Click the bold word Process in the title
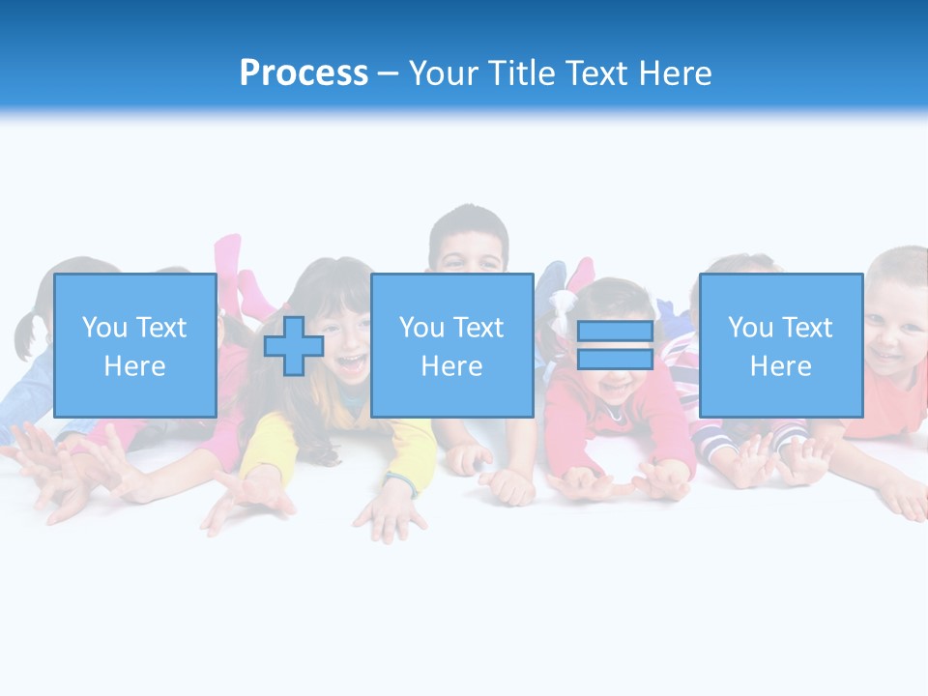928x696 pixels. click(304, 72)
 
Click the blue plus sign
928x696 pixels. click(294, 345)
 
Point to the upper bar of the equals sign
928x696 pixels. click(615, 332)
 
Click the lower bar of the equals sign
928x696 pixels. click(615, 359)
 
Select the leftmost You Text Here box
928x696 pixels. click(134, 345)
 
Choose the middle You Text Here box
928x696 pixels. click(451, 345)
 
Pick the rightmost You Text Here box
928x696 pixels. click(780, 345)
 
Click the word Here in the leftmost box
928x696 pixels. click(134, 366)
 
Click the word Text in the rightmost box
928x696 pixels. click(807, 328)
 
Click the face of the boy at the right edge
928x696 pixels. click(897, 329)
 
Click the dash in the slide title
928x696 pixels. click(389, 72)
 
